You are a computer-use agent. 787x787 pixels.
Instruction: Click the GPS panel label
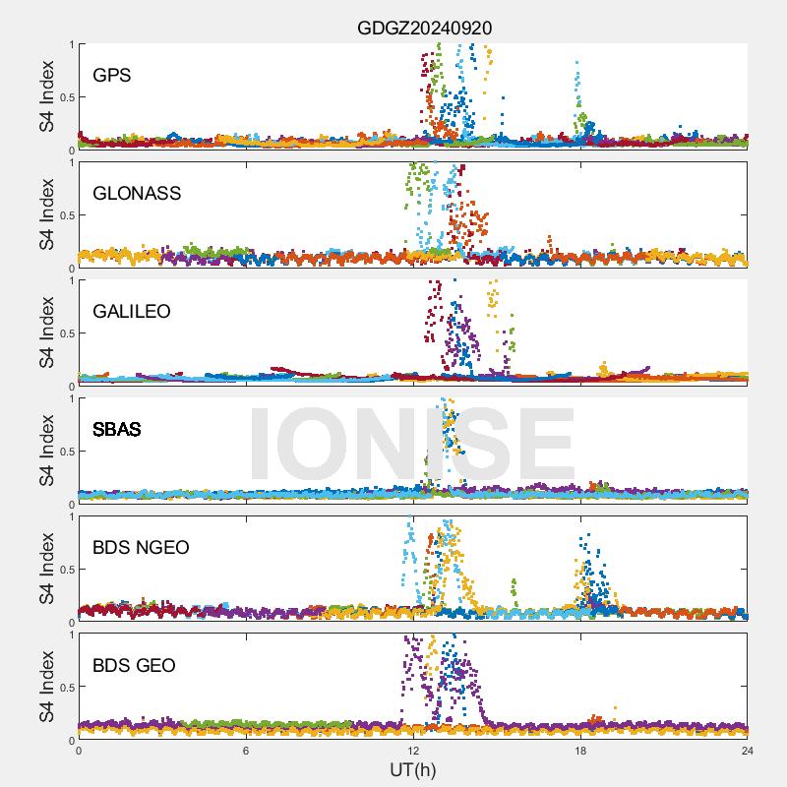112,75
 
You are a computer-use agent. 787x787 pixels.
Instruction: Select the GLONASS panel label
137,193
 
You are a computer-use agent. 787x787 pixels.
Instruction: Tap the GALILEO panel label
132,311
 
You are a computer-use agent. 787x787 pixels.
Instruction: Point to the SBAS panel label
117,429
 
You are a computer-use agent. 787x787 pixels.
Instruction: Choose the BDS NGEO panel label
141,547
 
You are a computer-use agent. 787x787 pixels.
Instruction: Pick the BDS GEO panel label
134,666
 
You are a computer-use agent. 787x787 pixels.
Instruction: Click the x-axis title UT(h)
412,768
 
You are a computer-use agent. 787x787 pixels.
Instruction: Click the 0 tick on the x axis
79,750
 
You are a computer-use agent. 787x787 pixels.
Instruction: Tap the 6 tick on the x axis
246,750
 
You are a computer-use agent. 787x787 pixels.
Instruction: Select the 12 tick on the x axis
413,750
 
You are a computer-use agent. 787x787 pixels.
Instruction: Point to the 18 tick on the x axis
580,750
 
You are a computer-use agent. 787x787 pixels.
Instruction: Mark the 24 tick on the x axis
748,750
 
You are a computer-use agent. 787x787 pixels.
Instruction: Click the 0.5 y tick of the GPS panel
65,96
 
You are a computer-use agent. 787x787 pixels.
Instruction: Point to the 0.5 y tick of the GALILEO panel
65,333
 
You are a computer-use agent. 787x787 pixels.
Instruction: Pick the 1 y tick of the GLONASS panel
71,162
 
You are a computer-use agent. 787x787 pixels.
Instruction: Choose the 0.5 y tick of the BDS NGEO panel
65,569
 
